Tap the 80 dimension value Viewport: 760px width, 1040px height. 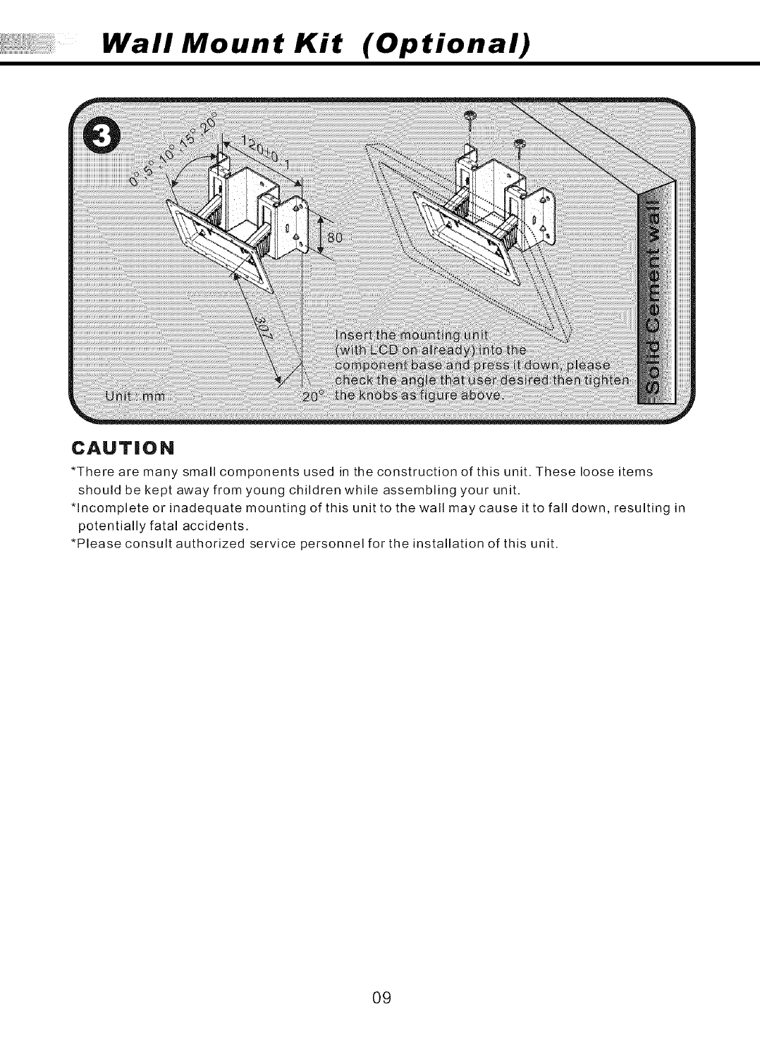[x=333, y=238]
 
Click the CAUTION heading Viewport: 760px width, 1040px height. [x=128, y=447]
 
